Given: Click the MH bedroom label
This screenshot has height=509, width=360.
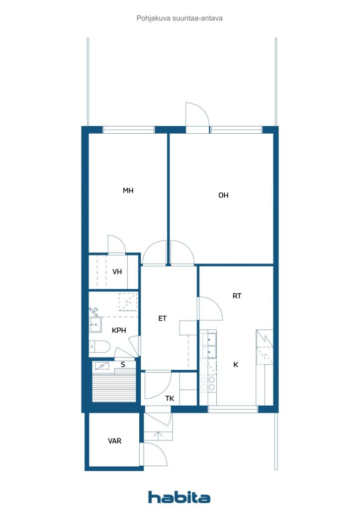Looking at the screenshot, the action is [x=128, y=190].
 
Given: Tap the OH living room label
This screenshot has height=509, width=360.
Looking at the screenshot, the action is [x=223, y=195].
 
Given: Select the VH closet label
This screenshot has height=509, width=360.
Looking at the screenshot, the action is [x=117, y=272].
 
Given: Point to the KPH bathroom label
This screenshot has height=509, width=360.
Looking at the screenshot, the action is [x=119, y=331].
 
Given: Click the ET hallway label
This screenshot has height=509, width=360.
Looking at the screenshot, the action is [x=162, y=319].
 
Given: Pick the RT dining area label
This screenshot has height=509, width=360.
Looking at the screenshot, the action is [x=237, y=296].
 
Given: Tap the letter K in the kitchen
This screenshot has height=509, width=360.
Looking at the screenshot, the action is [x=236, y=364].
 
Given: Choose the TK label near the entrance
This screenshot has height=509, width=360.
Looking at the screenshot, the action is [x=170, y=398].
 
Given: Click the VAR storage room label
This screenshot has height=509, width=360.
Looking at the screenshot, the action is [x=114, y=441].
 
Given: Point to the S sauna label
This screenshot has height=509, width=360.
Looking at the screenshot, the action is [x=123, y=364].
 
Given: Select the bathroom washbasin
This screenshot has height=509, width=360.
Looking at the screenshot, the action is [x=95, y=325].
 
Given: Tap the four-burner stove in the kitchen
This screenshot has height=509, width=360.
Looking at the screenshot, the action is [x=208, y=383].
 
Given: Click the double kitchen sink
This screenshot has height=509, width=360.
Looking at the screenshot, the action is [x=208, y=345].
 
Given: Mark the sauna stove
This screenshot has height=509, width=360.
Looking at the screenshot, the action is [x=102, y=366].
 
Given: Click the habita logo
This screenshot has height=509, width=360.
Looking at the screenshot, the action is [x=179, y=497].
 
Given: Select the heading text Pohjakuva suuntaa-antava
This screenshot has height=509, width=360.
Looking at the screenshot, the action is [x=180, y=18].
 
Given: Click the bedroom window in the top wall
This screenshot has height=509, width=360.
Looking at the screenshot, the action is [x=129, y=130].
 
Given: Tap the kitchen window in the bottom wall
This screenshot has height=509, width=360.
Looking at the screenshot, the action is [x=232, y=409].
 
